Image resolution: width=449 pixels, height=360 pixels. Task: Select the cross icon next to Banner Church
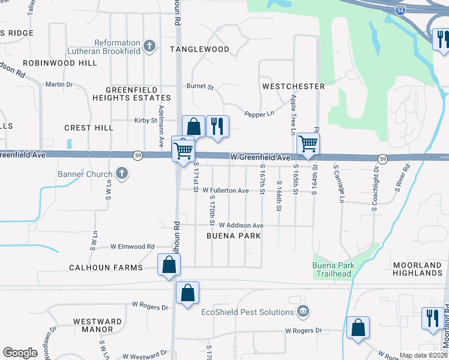pyautogui.click(x=122, y=175)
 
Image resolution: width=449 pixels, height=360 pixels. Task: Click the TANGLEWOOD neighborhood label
pyautogui.click(x=199, y=49)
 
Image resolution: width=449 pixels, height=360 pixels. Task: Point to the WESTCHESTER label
pyautogui.click(x=294, y=86)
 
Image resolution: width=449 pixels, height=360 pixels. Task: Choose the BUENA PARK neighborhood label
pyautogui.click(x=234, y=236)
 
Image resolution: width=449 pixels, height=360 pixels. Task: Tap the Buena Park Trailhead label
pyautogui.click(x=333, y=270)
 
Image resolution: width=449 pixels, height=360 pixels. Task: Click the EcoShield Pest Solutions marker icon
pyautogui.click(x=304, y=311)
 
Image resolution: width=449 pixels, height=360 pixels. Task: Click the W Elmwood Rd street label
pyautogui.click(x=132, y=247)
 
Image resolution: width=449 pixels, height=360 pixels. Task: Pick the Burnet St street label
pyautogui.click(x=200, y=87)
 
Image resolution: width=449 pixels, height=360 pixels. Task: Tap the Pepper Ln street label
pyautogui.click(x=259, y=113)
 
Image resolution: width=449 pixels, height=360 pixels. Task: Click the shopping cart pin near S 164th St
pyautogui.click(x=308, y=144)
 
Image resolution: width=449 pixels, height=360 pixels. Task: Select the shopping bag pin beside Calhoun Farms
pyautogui.click(x=169, y=264)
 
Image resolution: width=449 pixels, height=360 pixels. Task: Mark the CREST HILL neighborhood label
pyautogui.click(x=89, y=128)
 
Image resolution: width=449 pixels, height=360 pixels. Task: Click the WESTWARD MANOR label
pyautogui.click(x=94, y=325)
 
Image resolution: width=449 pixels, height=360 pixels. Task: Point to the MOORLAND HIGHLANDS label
pyautogui.click(x=418, y=269)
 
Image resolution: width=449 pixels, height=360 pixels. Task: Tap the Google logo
pyautogui.click(x=20, y=353)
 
